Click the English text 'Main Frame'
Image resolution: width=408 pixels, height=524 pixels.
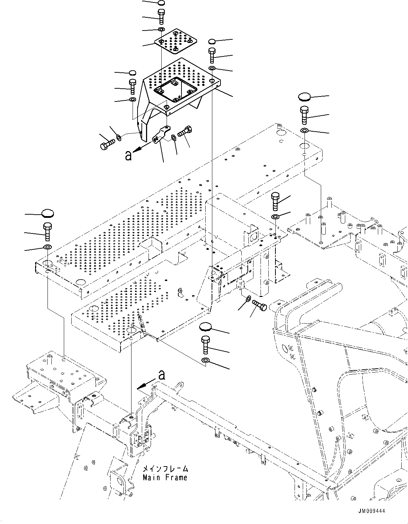pos(165,478)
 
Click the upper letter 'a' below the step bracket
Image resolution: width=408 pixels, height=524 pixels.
pos(128,155)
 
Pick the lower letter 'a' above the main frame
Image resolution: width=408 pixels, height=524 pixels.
pos(162,375)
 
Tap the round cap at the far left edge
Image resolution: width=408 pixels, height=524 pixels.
pos(47,213)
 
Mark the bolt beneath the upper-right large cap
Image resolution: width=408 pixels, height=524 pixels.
pos(304,115)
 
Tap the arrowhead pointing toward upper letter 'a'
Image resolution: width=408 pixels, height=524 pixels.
pos(138,149)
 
